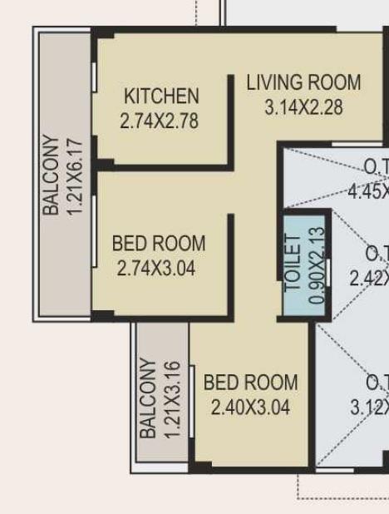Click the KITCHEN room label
[161, 96]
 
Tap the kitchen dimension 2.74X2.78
[160, 121]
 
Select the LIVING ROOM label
[303, 82]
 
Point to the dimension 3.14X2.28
[303, 107]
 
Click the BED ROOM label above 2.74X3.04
[159, 244]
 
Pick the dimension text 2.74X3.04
[157, 268]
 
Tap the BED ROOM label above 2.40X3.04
[250, 383]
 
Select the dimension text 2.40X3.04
[250, 408]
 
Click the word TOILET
[293, 263]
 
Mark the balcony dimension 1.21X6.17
[75, 176]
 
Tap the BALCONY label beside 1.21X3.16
[149, 398]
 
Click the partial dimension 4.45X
[368, 191]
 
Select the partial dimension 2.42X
[369, 278]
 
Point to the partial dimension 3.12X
[369, 408]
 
